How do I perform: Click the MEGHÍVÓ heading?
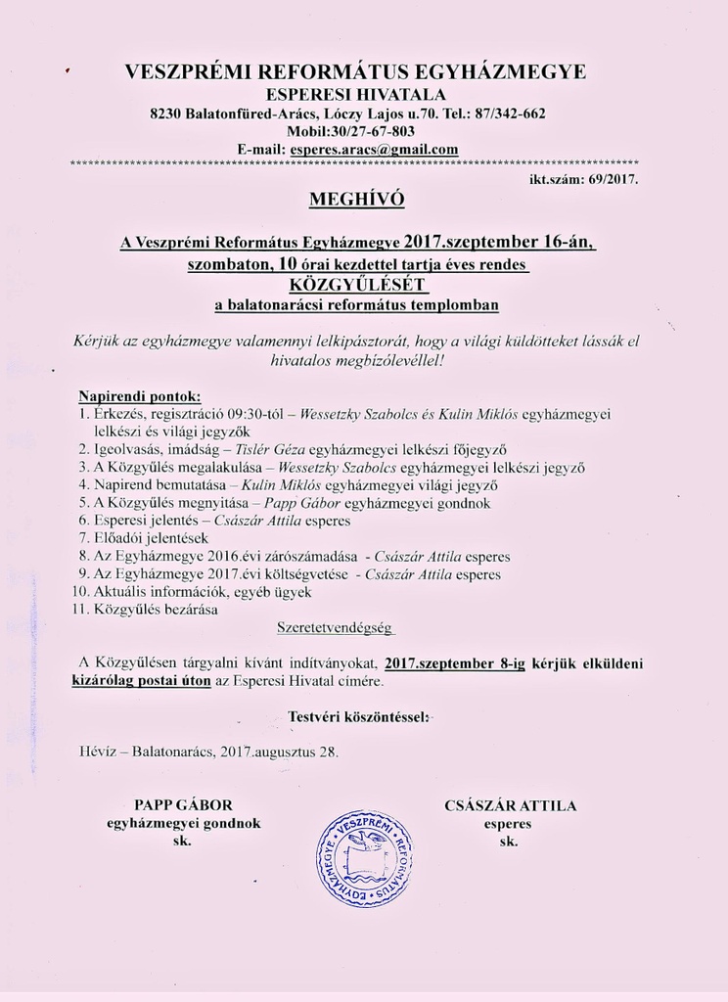click(356, 201)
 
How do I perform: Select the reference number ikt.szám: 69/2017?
click(583, 180)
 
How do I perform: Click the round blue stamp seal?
click(364, 858)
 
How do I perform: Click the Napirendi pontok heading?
click(139, 397)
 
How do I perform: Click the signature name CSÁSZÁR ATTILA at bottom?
click(510, 806)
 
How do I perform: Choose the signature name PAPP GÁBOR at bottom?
click(183, 806)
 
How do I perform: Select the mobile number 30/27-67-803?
click(372, 131)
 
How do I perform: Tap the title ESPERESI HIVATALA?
click(356, 95)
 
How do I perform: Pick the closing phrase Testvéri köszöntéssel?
click(358, 718)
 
